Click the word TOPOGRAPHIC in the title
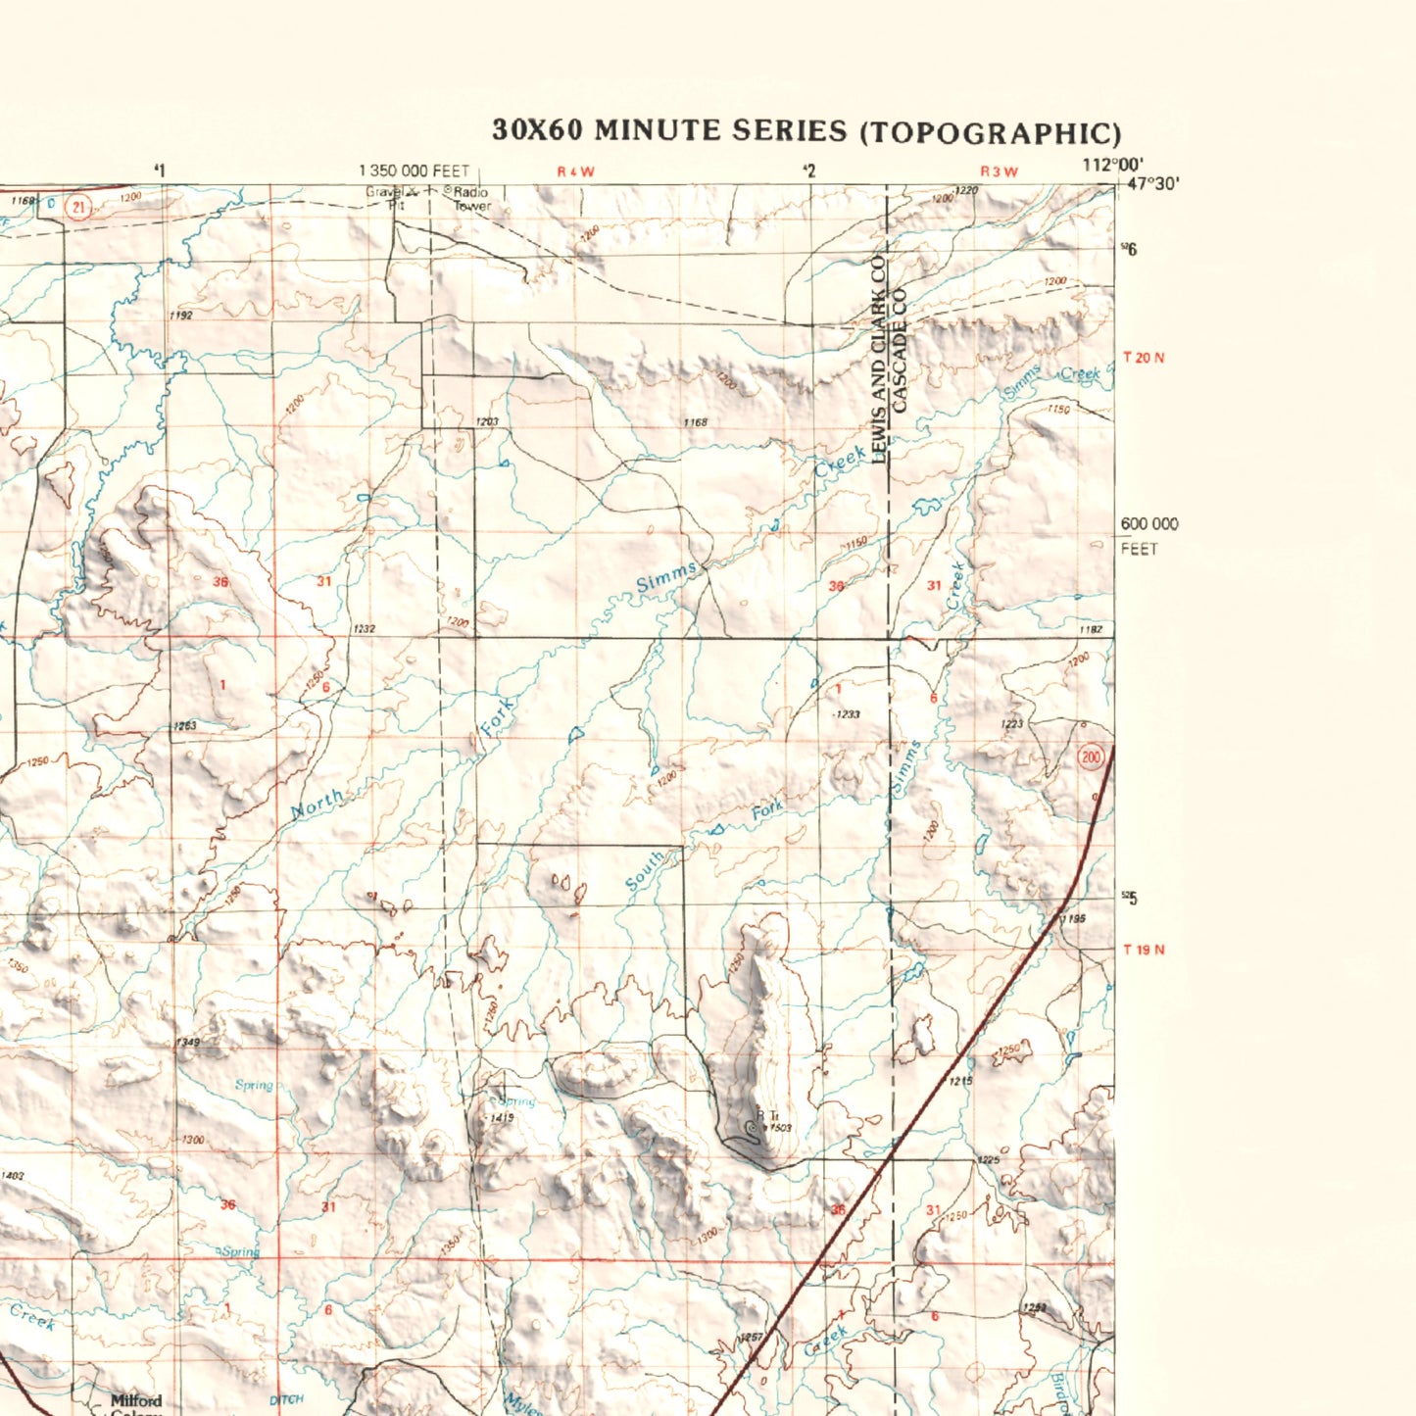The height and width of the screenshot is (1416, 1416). pyautogui.click(x=990, y=132)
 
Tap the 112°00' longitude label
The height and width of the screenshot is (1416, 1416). pyautogui.click(x=1112, y=166)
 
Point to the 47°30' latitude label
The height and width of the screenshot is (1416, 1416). pyautogui.click(x=1153, y=183)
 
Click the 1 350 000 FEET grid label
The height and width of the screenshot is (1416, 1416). pyautogui.click(x=414, y=171)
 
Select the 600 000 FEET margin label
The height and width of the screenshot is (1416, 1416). pyautogui.click(x=1148, y=535)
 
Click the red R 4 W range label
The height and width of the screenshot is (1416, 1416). pyautogui.click(x=575, y=172)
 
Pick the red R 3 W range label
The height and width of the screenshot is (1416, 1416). pyautogui.click(x=999, y=172)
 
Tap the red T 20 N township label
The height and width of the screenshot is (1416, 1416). pyautogui.click(x=1144, y=358)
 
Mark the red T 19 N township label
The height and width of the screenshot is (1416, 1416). pyautogui.click(x=1144, y=950)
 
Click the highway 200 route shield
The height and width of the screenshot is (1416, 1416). pyautogui.click(x=1091, y=757)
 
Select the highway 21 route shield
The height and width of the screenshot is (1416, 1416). pyautogui.click(x=78, y=207)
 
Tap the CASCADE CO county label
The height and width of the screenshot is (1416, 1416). pyautogui.click(x=901, y=349)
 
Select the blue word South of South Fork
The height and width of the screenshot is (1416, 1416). pyautogui.click(x=645, y=871)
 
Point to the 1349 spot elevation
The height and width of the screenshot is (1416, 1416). pyautogui.click(x=188, y=1042)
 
